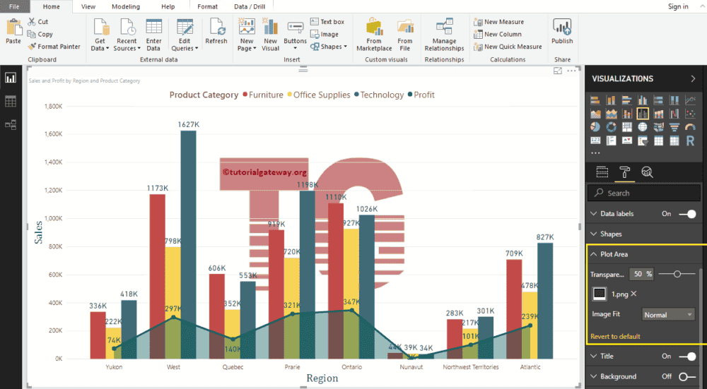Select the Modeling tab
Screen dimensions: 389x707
pos(126,6)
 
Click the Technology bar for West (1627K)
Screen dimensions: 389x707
pos(188,240)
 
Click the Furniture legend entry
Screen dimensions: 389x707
pos(265,95)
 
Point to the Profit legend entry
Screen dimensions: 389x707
pos(423,95)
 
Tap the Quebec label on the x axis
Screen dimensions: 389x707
pos(233,367)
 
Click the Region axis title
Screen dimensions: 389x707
pos(322,378)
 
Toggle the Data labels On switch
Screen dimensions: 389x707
pos(686,213)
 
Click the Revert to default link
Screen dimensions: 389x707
pos(615,336)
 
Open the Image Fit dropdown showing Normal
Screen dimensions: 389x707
pos(668,315)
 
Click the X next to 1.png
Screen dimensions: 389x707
pos(633,294)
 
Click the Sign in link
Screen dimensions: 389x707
pos(677,6)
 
